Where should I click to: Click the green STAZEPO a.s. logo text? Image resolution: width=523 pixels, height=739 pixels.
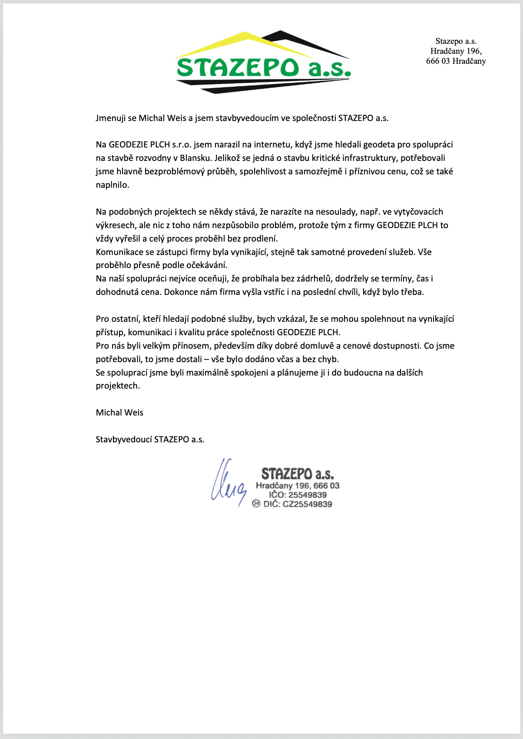[263, 68]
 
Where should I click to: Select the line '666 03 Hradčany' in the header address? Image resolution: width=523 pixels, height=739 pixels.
[456, 61]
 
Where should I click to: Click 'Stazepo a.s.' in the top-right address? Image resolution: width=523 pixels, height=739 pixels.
[456, 41]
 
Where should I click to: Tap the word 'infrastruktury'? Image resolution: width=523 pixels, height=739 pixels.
[369, 158]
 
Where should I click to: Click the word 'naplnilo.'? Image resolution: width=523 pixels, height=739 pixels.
[113, 185]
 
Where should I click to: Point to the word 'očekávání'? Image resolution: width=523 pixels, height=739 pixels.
[207, 265]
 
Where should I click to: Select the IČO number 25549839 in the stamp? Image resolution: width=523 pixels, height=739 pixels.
[308, 495]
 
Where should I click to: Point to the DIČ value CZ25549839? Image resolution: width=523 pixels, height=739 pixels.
[307, 504]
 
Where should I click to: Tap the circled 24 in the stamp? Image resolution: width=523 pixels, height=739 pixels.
[256, 504]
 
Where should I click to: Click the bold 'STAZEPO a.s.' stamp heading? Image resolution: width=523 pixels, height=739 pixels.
[298, 474]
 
